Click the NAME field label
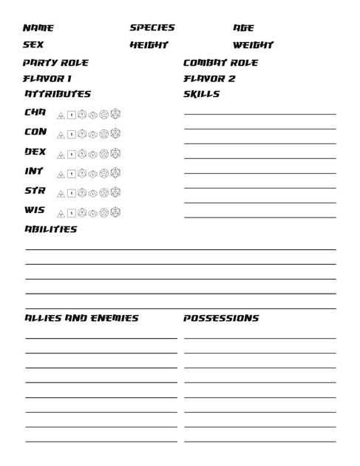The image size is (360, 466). [x=38, y=28]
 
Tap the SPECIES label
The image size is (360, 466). [x=152, y=27]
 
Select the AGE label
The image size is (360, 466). [x=243, y=28]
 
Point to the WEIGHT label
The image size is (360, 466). [x=254, y=45]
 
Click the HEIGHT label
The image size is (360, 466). [x=149, y=45]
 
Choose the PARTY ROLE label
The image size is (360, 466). [x=55, y=63]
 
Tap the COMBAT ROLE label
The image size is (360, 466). [x=220, y=63]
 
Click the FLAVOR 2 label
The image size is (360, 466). [x=209, y=78]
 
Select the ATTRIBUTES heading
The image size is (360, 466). [x=58, y=94]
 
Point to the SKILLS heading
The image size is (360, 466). [x=201, y=94]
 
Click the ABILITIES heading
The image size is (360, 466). [x=50, y=229]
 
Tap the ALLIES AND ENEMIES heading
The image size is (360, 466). [x=81, y=318]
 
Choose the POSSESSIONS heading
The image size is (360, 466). [x=221, y=318]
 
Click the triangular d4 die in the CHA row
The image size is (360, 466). [x=61, y=115]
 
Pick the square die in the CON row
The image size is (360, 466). [x=72, y=135]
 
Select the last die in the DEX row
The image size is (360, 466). [x=115, y=154]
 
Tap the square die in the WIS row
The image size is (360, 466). [x=72, y=212]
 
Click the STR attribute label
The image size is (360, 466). [x=35, y=191]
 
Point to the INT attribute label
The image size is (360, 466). [x=35, y=171]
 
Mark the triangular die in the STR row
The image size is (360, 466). [x=61, y=193]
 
